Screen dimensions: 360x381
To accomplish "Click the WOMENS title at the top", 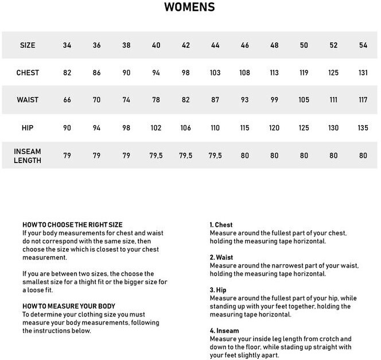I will coord(190,7).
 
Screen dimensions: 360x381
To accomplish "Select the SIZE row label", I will coord(28,45).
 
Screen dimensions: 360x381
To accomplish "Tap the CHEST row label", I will coord(28,73).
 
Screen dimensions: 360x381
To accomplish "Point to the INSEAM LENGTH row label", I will coord(28,156).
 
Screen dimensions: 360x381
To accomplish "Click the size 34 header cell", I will coord(67,45).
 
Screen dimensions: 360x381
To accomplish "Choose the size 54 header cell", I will coord(363,45).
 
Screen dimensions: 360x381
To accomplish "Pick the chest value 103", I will coord(215,73).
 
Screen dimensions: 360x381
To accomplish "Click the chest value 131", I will coord(363,73).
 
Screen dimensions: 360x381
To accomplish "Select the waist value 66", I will coord(67,100).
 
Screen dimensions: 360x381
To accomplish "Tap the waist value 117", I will coord(363,100).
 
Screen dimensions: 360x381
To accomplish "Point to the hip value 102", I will coord(156,128).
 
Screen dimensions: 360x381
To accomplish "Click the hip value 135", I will coord(363,128).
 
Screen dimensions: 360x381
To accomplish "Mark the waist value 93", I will coord(245,100).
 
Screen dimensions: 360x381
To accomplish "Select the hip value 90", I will coord(67,128).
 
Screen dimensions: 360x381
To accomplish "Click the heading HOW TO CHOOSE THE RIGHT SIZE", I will coord(72,224).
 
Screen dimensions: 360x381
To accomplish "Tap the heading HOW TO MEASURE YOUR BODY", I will coord(69,306).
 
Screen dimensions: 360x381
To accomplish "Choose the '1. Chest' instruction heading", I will coord(221,225).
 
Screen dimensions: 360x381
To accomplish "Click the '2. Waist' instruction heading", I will coord(221,258).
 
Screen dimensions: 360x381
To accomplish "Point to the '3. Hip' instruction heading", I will coord(218,291).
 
